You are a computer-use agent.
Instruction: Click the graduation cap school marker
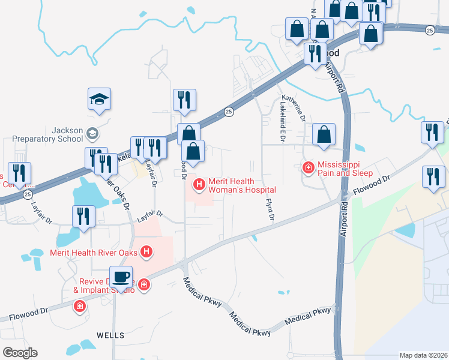(100, 99)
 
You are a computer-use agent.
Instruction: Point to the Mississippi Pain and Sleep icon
(309, 167)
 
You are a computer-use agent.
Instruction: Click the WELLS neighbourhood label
(110, 335)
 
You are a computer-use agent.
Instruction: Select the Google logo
(19, 352)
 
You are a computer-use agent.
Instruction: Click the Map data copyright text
(423, 355)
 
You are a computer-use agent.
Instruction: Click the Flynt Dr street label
(269, 208)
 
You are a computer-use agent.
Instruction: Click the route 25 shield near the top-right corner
(429, 30)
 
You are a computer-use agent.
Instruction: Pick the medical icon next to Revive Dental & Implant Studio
(144, 284)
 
